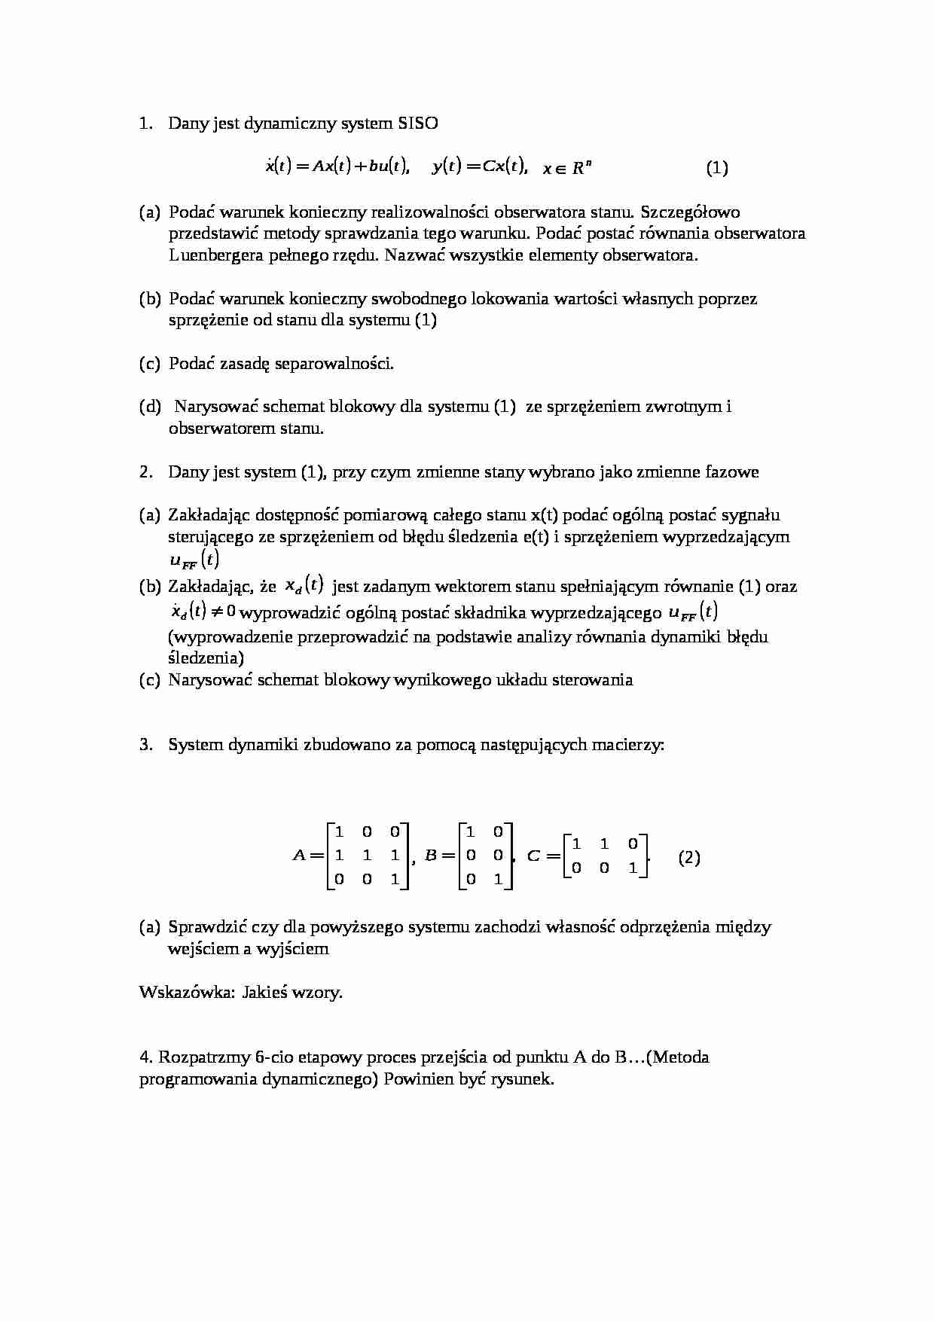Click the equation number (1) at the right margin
[716, 168]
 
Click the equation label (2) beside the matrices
[689, 858]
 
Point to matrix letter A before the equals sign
[299, 856]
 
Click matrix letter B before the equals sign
[431, 856]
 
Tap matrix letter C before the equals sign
[533, 856]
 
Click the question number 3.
[145, 745]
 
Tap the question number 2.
[145, 472]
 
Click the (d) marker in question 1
[150, 407]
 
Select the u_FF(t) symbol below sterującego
[193, 560]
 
